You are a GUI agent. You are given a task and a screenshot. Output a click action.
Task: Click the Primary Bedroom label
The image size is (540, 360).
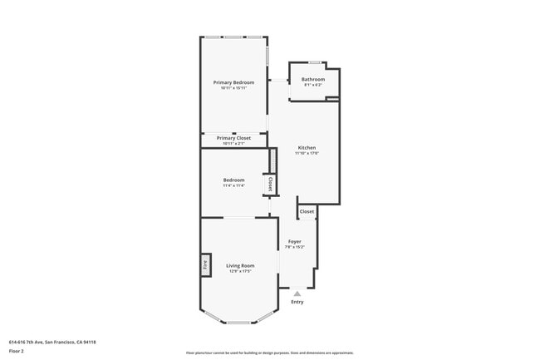click(233, 82)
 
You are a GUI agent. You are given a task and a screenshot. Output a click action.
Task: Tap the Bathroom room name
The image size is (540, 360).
click(313, 79)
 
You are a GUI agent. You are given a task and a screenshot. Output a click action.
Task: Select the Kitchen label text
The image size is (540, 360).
click(307, 148)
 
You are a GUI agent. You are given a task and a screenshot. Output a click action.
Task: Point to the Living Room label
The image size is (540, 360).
click(239, 265)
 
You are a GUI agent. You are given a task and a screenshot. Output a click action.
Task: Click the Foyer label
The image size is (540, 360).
click(294, 241)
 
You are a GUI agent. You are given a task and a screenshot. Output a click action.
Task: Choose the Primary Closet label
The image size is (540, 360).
click(233, 138)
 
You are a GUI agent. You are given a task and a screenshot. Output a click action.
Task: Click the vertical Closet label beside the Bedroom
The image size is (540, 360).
click(269, 183)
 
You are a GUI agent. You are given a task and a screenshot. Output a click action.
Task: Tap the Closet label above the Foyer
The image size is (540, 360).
click(307, 211)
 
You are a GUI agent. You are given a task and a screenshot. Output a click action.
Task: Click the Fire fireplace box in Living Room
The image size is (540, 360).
click(204, 265)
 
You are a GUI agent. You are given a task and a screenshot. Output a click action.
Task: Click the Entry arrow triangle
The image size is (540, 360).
click(297, 293)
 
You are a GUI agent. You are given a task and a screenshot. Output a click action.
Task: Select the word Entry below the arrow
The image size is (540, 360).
click(297, 302)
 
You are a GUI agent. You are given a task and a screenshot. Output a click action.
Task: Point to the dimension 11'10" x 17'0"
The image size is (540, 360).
click(307, 154)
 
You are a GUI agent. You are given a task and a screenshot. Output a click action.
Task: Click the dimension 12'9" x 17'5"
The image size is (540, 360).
click(239, 271)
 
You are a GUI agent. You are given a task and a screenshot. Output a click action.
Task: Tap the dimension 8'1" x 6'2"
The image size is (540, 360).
click(313, 85)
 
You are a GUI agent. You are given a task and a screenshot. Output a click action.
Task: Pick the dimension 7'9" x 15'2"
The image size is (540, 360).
click(294, 247)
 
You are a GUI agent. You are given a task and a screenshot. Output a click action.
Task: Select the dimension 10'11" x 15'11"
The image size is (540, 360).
click(233, 88)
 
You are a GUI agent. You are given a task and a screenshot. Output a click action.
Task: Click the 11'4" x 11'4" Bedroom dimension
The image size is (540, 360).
click(233, 185)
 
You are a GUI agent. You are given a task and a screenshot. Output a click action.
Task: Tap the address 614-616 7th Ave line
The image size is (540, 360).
click(52, 342)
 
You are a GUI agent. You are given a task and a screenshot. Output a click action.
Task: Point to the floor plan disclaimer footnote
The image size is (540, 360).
click(270, 353)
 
